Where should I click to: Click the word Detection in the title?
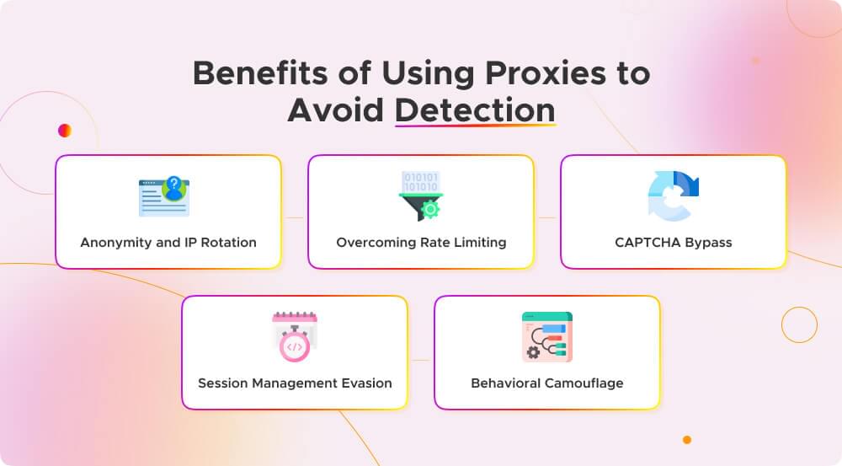coord(475,110)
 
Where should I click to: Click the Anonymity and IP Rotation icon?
coord(164,196)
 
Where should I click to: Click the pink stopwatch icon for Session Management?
coord(294,336)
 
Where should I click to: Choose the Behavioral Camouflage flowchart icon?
coord(546,336)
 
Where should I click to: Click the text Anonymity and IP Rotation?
coord(168,242)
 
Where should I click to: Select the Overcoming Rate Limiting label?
coord(421,242)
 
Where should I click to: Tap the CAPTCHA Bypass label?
coord(674,242)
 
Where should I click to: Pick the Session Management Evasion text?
coord(295,383)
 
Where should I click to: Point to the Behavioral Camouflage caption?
coord(547,383)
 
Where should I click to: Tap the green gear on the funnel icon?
coord(431,209)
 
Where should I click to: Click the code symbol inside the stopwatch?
coord(295,346)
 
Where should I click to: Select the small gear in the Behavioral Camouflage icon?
coord(532,351)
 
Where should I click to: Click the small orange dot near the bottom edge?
coord(687,440)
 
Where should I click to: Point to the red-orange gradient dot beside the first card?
coord(65,130)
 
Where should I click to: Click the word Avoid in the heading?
coord(335,110)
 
